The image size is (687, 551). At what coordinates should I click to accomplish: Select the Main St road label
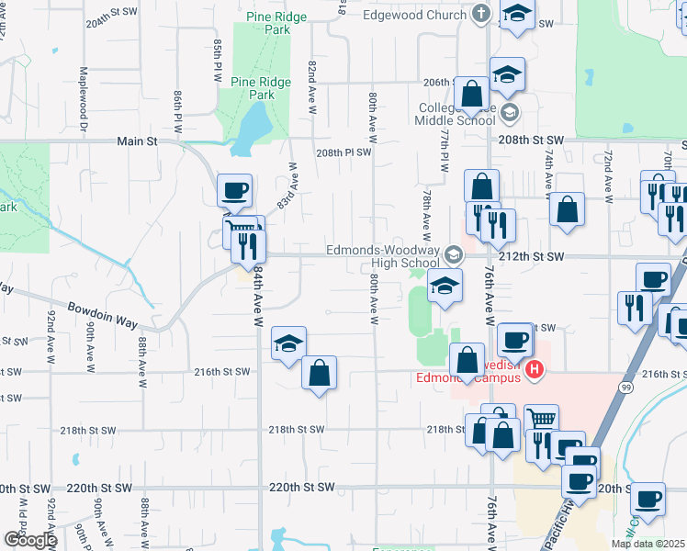[x=138, y=141]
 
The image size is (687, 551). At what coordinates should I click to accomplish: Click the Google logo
[x=29, y=539]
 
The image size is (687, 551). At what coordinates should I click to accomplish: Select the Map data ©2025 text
[x=648, y=543]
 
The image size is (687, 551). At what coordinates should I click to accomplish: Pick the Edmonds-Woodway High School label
[x=385, y=257]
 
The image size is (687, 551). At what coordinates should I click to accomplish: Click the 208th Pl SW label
[x=343, y=153]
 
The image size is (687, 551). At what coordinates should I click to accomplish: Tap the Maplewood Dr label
[x=83, y=91]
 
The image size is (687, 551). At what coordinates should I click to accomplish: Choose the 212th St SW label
[x=532, y=257]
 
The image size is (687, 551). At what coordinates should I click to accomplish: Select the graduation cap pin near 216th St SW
[x=288, y=344]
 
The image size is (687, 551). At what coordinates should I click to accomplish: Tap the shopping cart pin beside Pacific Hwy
[x=542, y=419]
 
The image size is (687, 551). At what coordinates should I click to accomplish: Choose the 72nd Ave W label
[x=608, y=174]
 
